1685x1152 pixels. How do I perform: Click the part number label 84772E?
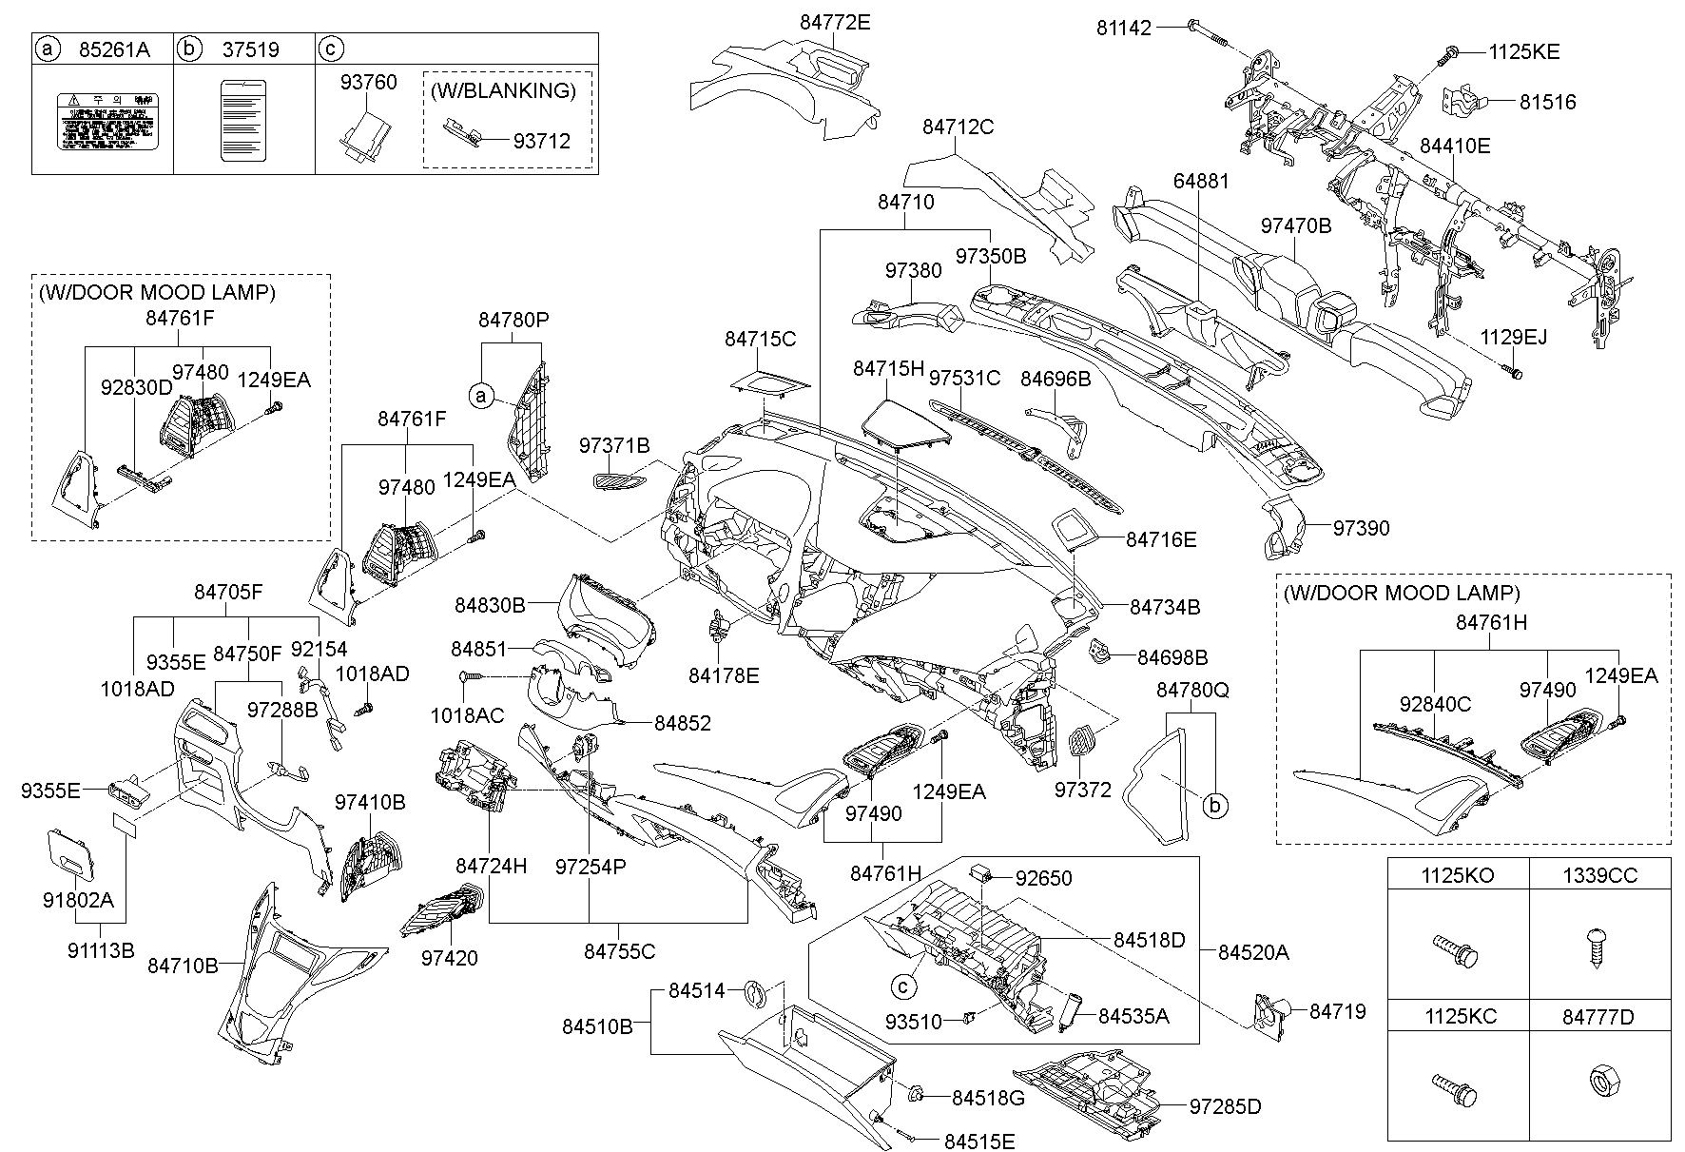834,22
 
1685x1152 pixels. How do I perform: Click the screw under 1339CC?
1599,947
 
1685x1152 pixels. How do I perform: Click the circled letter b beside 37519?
190,49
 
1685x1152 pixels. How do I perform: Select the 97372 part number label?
1082,790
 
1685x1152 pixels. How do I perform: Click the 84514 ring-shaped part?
756,992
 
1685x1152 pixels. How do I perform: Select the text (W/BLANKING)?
503,91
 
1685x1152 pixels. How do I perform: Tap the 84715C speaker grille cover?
770,382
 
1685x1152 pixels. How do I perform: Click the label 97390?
1361,528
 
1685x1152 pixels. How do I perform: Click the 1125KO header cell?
1457,875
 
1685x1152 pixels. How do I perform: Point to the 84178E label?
724,675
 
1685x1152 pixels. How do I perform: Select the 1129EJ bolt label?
1513,337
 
